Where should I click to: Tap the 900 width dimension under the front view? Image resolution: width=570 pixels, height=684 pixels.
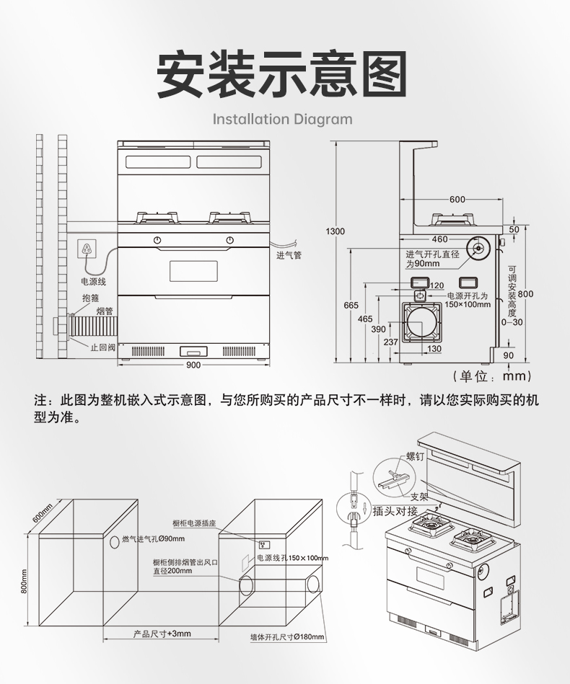(193, 365)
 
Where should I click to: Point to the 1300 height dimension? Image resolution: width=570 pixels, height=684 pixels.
(336, 231)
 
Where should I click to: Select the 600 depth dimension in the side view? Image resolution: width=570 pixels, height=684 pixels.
(457, 200)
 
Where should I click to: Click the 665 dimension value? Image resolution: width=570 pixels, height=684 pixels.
(351, 306)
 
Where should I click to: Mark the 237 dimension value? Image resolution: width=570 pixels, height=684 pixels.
(391, 342)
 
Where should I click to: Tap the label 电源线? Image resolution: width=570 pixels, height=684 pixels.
(93, 281)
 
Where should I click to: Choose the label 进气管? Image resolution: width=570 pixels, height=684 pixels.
(289, 255)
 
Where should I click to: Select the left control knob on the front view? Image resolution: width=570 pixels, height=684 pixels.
(157, 240)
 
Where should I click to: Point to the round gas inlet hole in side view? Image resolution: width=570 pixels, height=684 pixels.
(478, 249)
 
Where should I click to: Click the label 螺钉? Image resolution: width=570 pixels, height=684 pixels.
(416, 456)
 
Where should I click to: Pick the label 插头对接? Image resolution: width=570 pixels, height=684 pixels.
(395, 511)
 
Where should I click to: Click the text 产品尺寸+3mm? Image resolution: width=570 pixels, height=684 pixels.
(162, 634)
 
